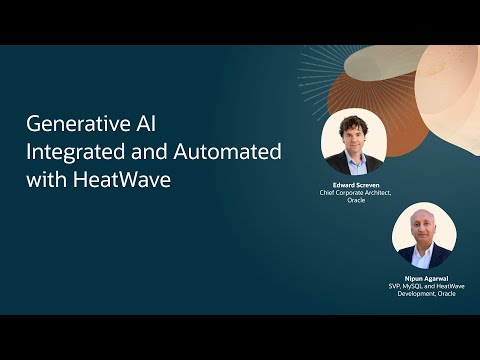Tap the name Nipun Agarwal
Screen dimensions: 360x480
pyautogui.click(x=424, y=279)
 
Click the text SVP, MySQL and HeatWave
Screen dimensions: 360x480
pyautogui.click(x=424, y=287)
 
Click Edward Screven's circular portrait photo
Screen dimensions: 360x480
pyautogui.click(x=353, y=141)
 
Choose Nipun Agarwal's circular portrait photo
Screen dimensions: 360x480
pyautogui.click(x=424, y=236)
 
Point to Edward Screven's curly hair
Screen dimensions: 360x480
pyautogui.click(x=353, y=122)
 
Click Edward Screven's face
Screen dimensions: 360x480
pyautogui.click(x=353, y=137)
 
